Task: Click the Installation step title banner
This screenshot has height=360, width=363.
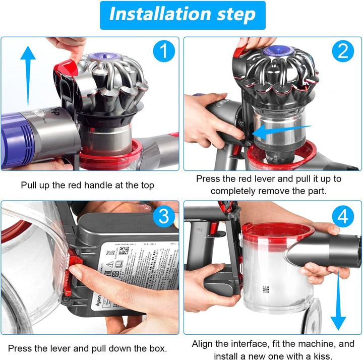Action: (x=182, y=15)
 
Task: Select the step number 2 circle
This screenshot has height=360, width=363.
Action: (x=343, y=51)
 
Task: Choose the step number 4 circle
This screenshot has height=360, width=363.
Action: (x=343, y=216)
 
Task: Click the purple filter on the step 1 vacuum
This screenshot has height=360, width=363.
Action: (x=20, y=136)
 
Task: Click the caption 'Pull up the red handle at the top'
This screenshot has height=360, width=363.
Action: (x=88, y=185)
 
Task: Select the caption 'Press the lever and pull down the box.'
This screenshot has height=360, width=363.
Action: (x=88, y=348)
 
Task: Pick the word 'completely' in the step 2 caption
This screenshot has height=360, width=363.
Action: (x=232, y=191)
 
